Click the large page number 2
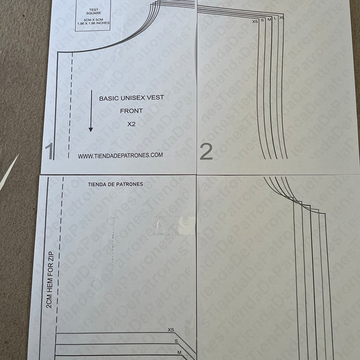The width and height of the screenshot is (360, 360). pyautogui.click(x=206, y=151)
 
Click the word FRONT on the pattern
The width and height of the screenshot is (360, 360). pyautogui.click(x=131, y=111)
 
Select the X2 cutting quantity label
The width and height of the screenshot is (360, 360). pyautogui.click(x=132, y=124)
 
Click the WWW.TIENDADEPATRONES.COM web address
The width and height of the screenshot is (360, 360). pyautogui.click(x=120, y=155)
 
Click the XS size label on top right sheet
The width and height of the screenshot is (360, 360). pyautogui.click(x=256, y=21)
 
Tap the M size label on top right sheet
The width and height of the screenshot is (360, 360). pyautogui.click(x=269, y=20)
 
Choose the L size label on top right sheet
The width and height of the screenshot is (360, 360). pyautogui.click(x=275, y=19)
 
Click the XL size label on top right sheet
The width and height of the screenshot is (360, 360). pyautogui.click(x=282, y=19)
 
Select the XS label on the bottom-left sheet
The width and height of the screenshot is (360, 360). pyautogui.click(x=171, y=330)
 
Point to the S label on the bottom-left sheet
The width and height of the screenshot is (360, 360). pyautogui.click(x=176, y=341)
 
